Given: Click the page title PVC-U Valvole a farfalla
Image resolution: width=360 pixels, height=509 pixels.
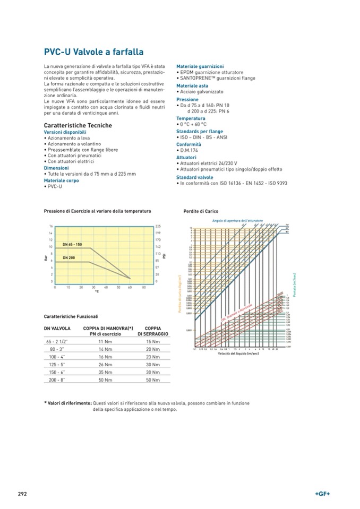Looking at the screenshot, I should pyautogui.click(x=93, y=52).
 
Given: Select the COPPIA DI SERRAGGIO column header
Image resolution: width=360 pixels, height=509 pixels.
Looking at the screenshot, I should pyautogui.click(x=153, y=331).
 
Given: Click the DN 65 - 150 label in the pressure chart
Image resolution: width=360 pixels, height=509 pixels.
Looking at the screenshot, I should pyautogui.click(x=72, y=244).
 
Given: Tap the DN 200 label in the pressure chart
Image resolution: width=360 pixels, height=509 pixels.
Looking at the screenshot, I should pyautogui.click(x=68, y=257).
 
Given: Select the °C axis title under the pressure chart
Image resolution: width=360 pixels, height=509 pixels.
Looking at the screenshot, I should pyautogui.click(x=97, y=291).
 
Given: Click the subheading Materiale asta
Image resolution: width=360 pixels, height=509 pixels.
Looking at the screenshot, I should pyautogui.click(x=192, y=85).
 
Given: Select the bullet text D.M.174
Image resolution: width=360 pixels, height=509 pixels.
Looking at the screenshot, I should pyautogui.click(x=190, y=151).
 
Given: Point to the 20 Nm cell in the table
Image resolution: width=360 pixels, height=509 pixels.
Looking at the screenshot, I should pyautogui.click(x=153, y=350).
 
